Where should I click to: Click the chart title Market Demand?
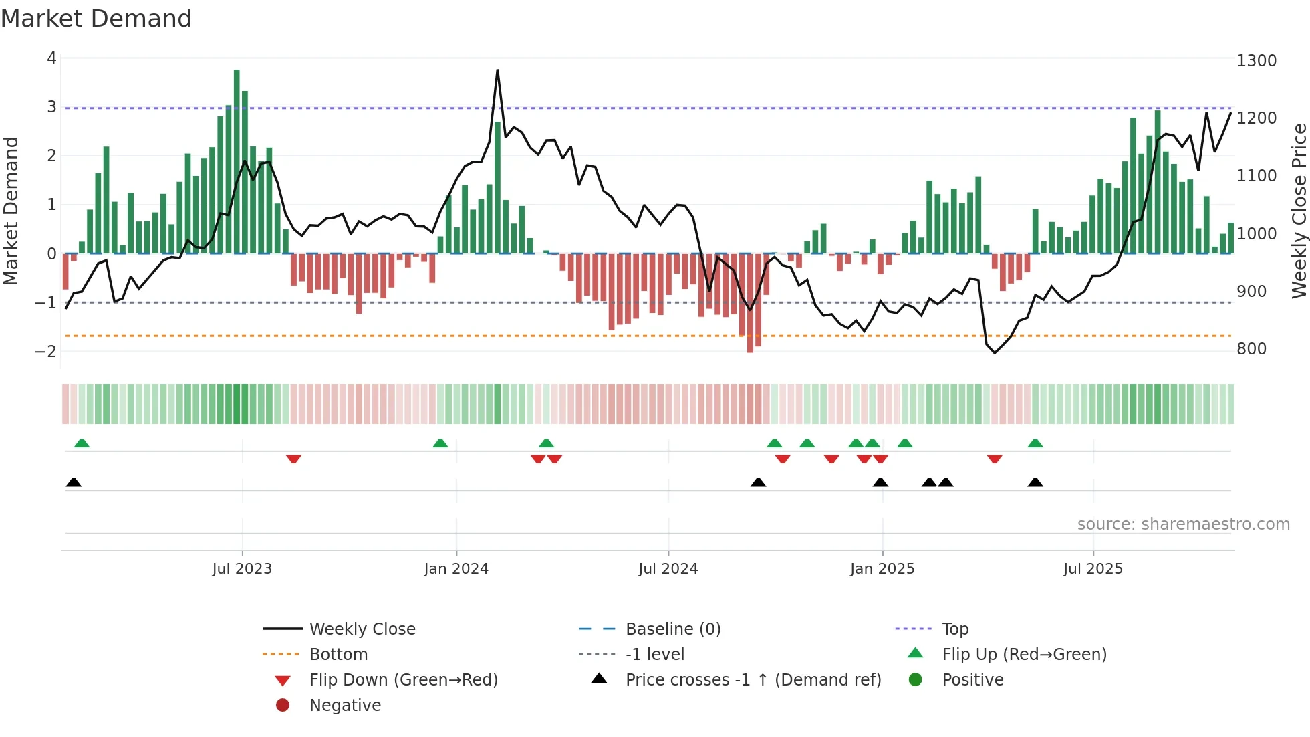point(96,19)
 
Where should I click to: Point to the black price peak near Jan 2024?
point(497,71)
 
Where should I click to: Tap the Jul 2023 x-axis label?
point(242,569)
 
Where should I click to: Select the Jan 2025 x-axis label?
point(882,569)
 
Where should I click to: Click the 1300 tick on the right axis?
point(1257,61)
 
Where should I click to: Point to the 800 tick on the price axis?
point(1251,349)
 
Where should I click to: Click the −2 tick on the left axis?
point(45,352)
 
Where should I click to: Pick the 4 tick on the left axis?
point(51,58)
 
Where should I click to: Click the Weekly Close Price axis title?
point(1299,211)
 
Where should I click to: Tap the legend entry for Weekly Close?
point(362,629)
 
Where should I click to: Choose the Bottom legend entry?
point(338,655)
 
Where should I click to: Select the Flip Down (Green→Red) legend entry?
point(403,680)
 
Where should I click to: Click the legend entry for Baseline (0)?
point(673,629)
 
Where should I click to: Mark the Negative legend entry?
point(345,706)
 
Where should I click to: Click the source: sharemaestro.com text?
point(1183,524)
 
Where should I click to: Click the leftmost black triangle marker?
point(74,483)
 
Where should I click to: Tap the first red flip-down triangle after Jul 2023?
point(293,459)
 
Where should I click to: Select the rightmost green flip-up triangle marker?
point(1035,443)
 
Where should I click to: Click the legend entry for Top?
point(955,629)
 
